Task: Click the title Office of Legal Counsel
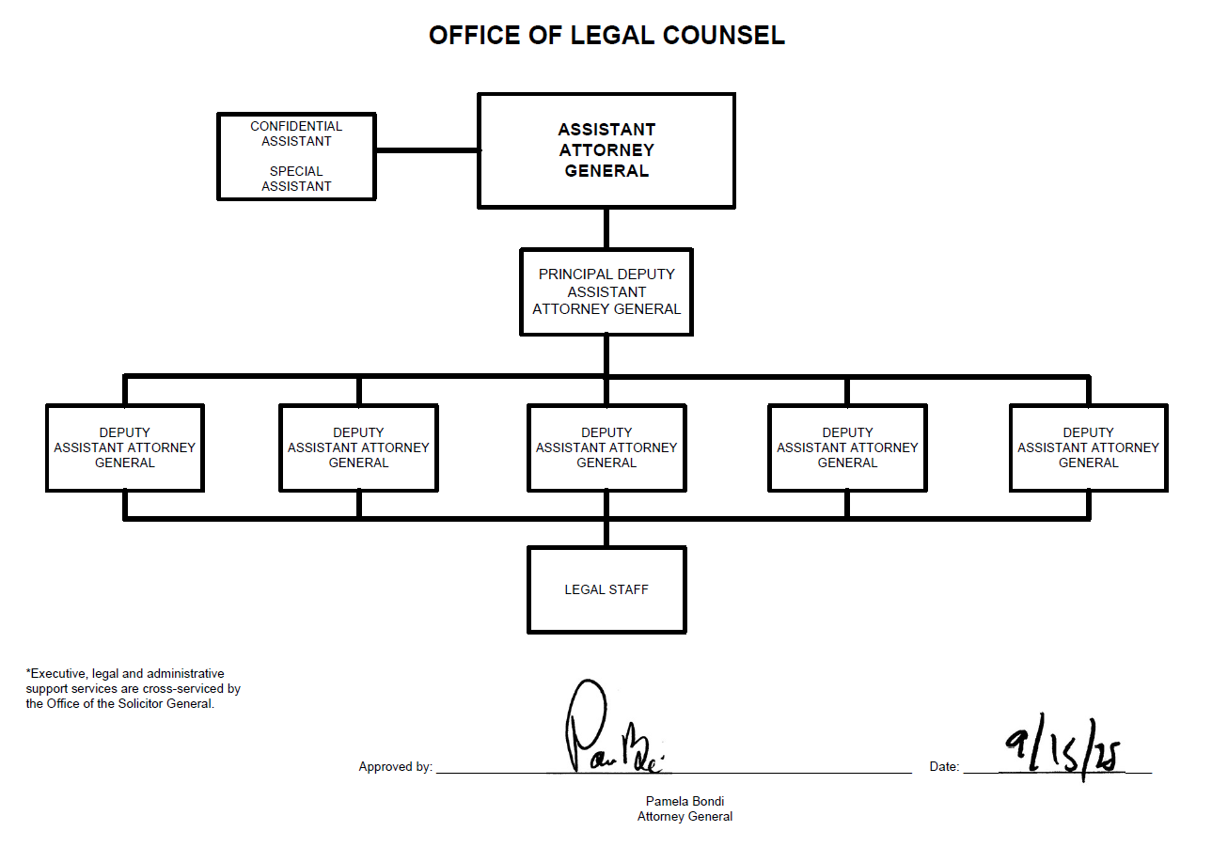click(606, 36)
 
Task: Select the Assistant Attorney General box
click(606, 150)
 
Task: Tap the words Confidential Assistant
click(296, 133)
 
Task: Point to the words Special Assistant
click(296, 179)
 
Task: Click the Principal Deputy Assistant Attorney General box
click(606, 292)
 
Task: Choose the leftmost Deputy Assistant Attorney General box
click(125, 447)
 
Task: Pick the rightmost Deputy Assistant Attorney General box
click(1088, 447)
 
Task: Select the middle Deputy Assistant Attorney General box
click(606, 447)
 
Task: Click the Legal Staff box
click(606, 589)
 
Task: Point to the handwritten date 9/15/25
click(1062, 749)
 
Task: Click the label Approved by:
click(395, 767)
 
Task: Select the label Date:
click(944, 767)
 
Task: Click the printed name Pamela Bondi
click(685, 802)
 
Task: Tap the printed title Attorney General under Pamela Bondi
click(685, 817)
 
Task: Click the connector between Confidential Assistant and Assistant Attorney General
click(427, 149)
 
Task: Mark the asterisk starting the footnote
click(28, 673)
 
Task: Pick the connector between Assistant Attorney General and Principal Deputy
click(606, 228)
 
